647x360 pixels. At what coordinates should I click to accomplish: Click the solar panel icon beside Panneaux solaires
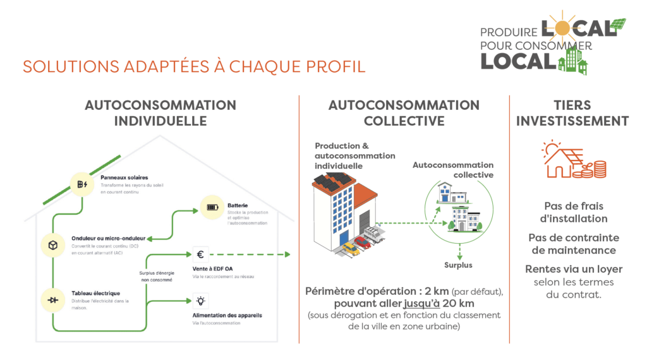coord(81,184)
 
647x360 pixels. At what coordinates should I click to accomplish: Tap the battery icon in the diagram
coord(212,207)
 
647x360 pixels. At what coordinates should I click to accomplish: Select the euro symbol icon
coord(200,255)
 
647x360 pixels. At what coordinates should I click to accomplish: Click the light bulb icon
coord(200,301)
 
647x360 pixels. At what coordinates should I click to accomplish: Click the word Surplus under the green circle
coord(458,265)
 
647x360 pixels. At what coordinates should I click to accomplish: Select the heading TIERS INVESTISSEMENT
coord(572,113)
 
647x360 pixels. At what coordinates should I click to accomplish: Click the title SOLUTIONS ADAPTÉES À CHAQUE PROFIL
coord(194,66)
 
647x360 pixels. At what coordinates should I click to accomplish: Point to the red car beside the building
coord(362,241)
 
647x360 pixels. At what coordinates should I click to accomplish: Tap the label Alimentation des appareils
coord(227,315)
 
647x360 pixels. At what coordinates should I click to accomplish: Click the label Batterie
coord(238,205)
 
